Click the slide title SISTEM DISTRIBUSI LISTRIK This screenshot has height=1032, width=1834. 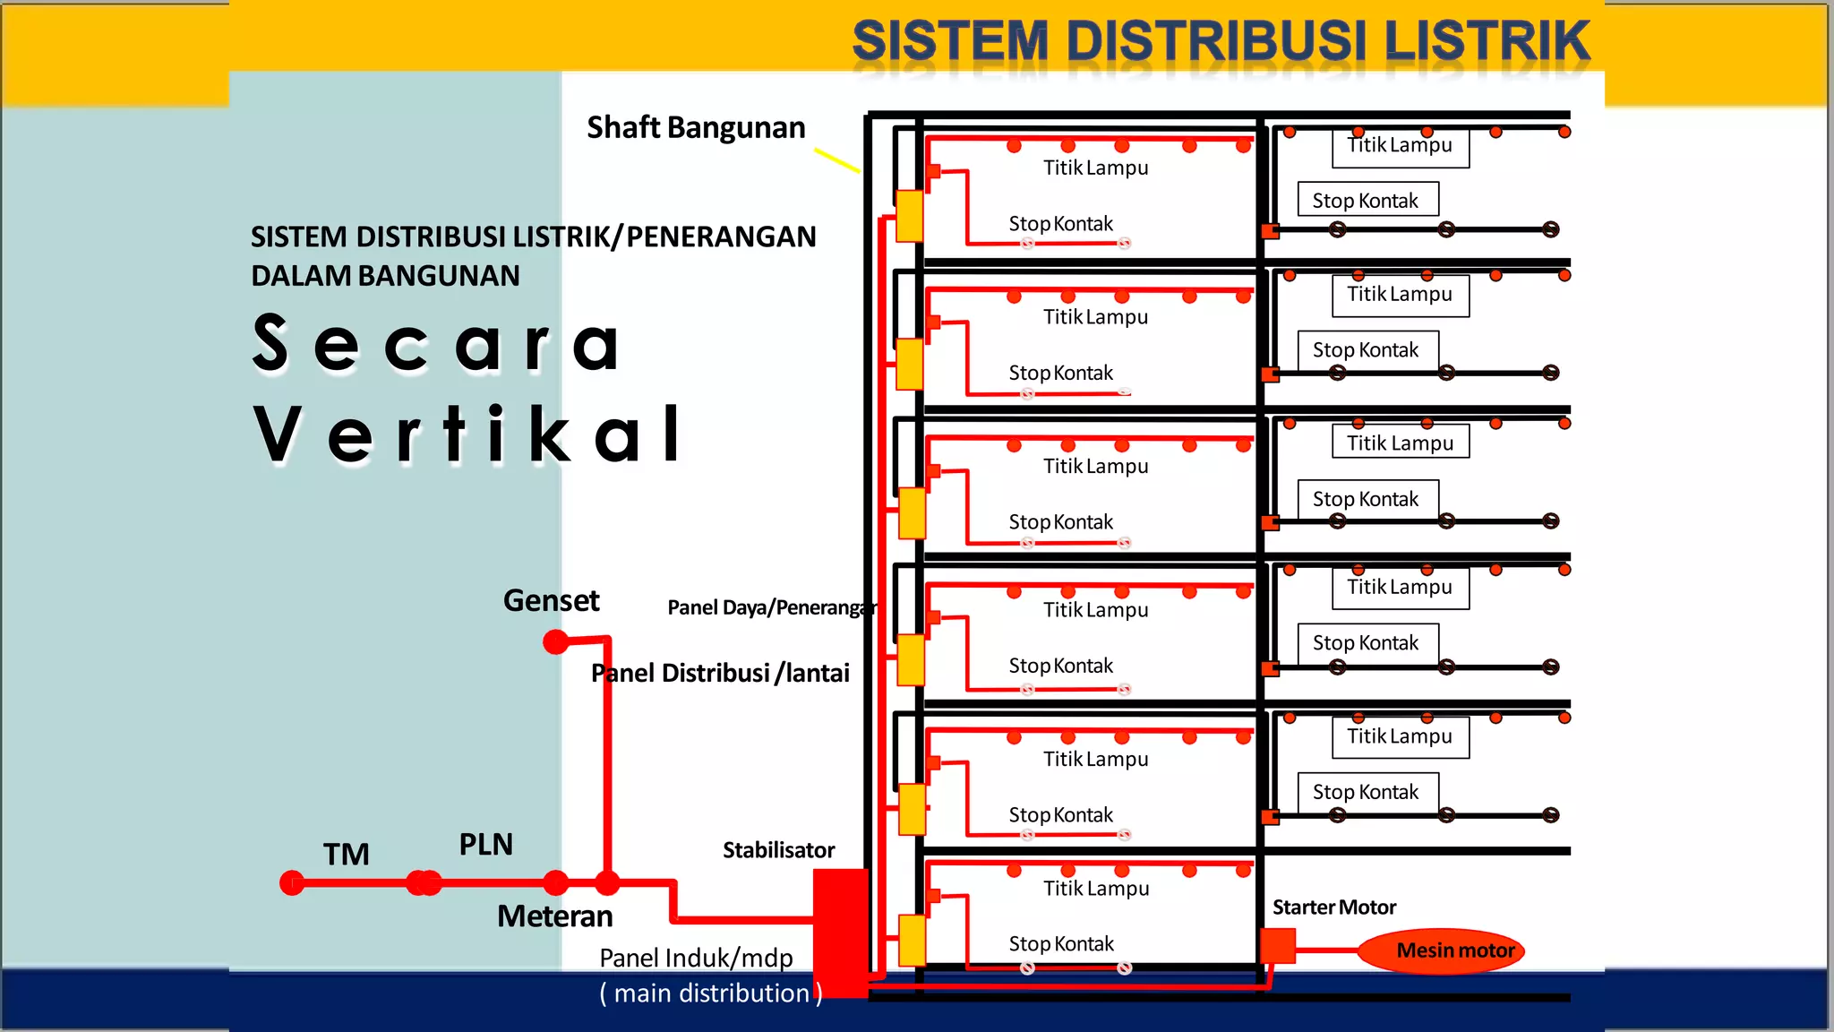[1221, 41]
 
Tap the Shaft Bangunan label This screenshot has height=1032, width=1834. [696, 128]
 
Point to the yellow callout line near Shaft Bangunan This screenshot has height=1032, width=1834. [836, 160]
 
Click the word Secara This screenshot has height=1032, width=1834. [436, 344]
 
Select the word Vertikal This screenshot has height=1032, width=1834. [467, 434]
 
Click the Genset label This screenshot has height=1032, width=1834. [551, 600]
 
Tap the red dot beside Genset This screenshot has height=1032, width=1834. [556, 641]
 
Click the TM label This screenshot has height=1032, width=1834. [346, 855]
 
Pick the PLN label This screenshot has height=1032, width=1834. [485, 845]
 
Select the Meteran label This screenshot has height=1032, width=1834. [554, 916]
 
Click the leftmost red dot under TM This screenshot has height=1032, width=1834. [292, 883]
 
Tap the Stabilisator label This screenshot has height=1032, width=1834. [778, 850]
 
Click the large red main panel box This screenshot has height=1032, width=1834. [840, 932]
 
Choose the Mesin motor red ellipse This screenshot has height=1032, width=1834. [1441, 950]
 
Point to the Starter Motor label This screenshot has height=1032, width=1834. [1333, 907]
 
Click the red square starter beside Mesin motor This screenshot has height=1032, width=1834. [1278, 946]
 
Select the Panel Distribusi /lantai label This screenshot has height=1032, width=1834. [720, 673]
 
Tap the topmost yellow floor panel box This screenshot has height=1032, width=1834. [910, 215]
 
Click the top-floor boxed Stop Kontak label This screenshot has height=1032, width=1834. [1367, 200]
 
